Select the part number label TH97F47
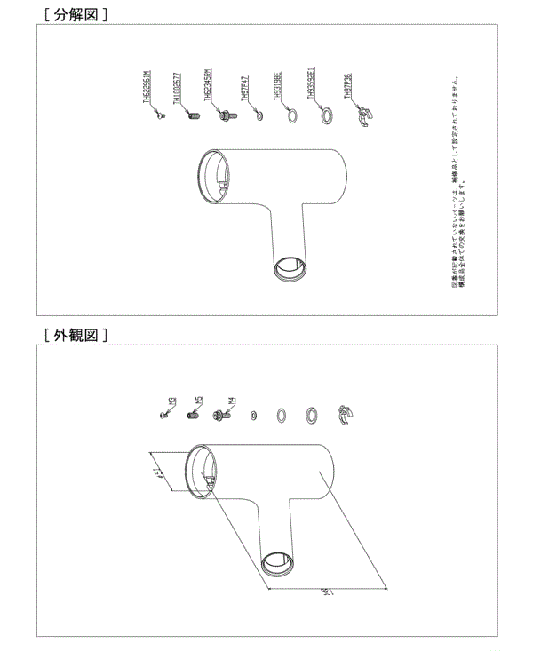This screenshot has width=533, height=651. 257,92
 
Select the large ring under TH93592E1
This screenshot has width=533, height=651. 315,115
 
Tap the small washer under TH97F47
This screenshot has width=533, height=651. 259,115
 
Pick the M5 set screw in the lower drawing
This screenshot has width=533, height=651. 195,414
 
